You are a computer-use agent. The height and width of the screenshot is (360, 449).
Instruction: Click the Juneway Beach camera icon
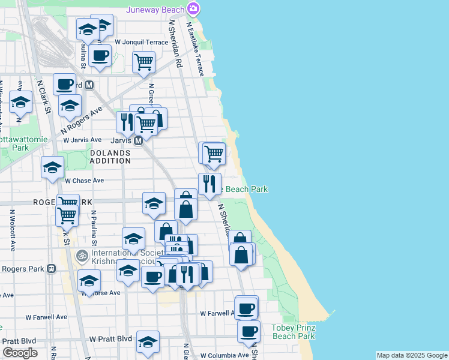coord(193,8)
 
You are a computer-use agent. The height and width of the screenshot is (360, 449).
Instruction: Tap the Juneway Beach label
coord(155,10)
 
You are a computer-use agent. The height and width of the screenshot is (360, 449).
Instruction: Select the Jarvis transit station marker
coord(137,140)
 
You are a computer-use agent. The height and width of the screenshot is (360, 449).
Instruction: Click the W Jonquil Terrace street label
coord(142,42)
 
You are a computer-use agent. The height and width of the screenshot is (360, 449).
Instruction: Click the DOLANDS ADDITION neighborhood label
coord(110,157)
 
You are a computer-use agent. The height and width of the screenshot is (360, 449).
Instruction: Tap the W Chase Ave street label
coord(85,180)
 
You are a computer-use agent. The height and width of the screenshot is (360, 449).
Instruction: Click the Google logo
coord(20,353)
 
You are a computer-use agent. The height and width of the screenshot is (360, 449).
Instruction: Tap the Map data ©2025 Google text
coord(412,356)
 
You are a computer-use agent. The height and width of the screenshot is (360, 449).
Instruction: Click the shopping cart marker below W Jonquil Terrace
coord(143,62)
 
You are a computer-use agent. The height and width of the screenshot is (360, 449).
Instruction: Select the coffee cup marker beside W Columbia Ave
coord(249,331)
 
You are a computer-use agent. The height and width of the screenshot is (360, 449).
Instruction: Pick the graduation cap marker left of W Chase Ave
coord(52,167)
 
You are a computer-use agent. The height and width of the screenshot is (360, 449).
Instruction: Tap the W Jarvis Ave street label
coord(82,140)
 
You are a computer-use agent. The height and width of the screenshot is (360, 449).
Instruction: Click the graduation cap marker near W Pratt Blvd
coord(148,342)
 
